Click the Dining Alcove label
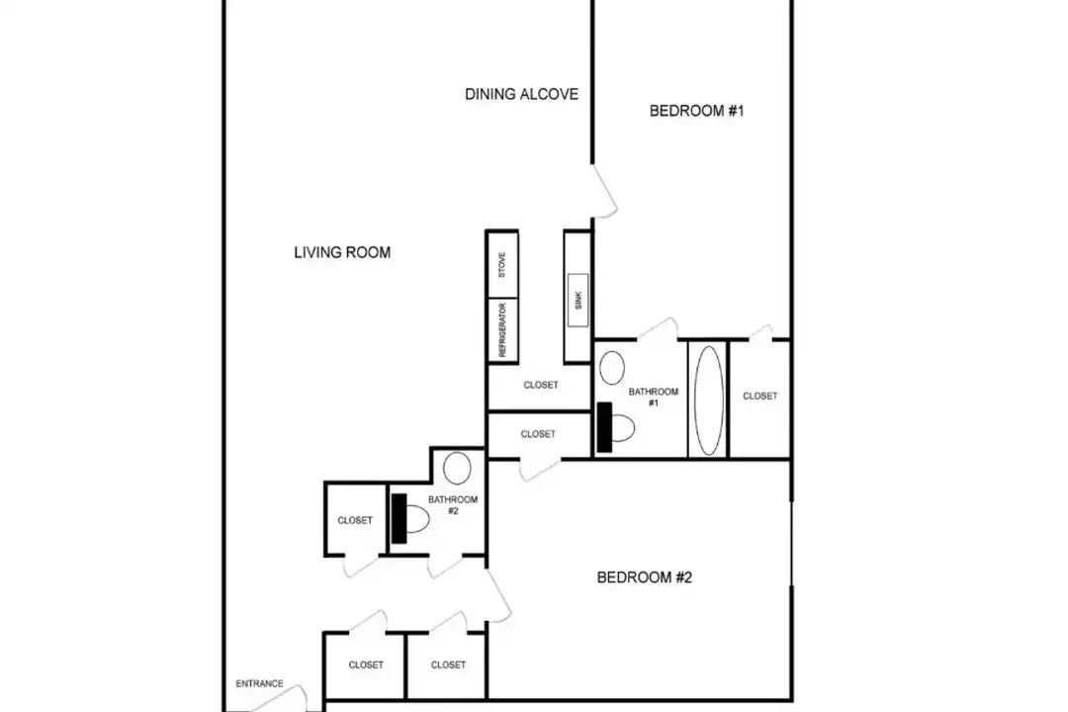pos(522,94)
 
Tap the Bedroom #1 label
pos(697,111)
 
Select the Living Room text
pos(342,252)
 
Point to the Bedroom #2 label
pos(645,578)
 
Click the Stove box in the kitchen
pos(502,264)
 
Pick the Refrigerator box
pos(502,329)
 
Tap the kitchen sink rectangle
pos(578,300)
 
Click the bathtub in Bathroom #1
pos(708,400)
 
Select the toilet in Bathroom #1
pos(616,427)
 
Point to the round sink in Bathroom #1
pos(612,367)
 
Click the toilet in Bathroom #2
pos(410,518)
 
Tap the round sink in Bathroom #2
pos(457,468)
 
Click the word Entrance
pos(259,683)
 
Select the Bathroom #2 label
pos(453,505)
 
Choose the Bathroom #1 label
pos(654,398)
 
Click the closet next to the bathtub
pos(759,399)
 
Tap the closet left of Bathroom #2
pos(356,520)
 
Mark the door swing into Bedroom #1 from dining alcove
pos(605,192)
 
